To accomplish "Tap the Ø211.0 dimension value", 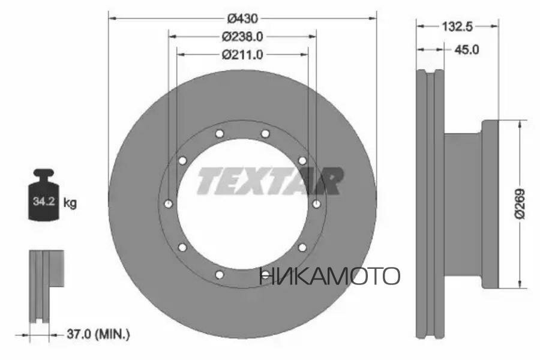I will point(242,55).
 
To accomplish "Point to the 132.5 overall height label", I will point(457,26).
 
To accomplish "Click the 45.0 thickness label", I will point(467,50).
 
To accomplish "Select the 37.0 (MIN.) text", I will point(98,332).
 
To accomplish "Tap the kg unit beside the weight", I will point(70,203).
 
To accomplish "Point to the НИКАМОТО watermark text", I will point(329,276).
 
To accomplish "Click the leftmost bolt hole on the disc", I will point(168,204).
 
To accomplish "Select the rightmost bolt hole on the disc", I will point(316,204).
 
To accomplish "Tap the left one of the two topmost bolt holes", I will point(220,133).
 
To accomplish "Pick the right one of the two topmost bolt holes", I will point(265,133).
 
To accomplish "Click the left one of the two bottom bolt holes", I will point(220,275).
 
